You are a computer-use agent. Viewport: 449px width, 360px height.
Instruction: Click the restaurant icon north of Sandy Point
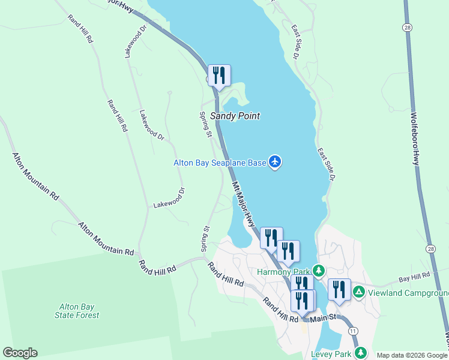coord(219,76)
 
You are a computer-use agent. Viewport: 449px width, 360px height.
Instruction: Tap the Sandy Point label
coord(231,116)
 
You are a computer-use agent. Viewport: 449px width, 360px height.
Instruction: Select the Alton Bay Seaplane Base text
coord(219,162)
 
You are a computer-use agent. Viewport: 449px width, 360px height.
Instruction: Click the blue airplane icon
coord(275,161)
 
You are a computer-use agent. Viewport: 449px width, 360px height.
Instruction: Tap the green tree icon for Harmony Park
coord(320,271)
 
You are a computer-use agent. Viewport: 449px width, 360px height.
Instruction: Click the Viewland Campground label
coord(408,293)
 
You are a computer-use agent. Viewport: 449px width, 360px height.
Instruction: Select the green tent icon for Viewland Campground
coord(358,292)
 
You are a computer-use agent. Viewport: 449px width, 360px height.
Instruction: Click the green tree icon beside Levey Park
coord(360,352)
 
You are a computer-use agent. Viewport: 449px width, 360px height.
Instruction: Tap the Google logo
coord(20,353)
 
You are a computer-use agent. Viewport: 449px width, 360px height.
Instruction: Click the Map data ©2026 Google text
coord(411,355)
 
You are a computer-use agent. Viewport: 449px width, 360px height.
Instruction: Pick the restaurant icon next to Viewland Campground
coord(339,289)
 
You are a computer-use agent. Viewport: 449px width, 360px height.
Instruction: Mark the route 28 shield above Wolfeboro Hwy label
coord(407,28)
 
